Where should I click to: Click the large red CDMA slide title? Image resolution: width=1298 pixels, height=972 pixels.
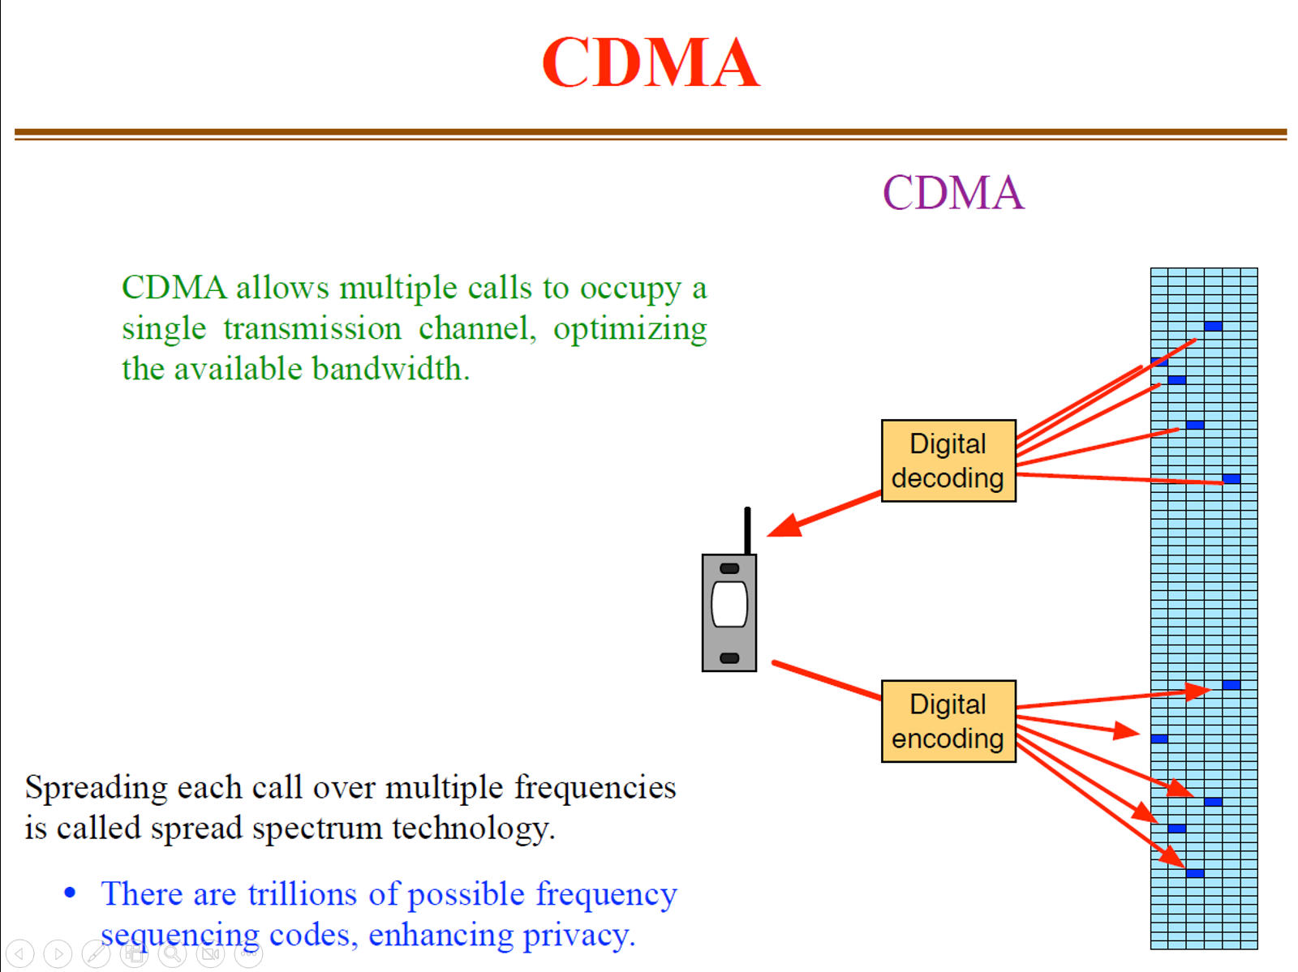tap(651, 62)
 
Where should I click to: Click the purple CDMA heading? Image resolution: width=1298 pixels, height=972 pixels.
tap(952, 193)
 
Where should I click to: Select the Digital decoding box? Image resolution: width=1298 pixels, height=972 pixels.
tap(948, 460)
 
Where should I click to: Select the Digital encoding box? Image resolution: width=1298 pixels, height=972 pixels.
tap(948, 721)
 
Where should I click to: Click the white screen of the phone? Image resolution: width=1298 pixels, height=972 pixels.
tap(729, 605)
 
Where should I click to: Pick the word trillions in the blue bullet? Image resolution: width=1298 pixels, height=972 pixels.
tap(302, 894)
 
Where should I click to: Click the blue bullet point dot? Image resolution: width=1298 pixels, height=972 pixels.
tap(71, 893)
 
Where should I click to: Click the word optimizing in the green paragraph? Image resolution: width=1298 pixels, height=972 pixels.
tap(630, 329)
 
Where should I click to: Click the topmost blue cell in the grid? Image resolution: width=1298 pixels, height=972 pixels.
tap(1213, 326)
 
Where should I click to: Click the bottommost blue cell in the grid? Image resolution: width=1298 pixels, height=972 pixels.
tap(1195, 873)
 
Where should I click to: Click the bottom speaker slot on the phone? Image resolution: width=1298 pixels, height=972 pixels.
tap(729, 657)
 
